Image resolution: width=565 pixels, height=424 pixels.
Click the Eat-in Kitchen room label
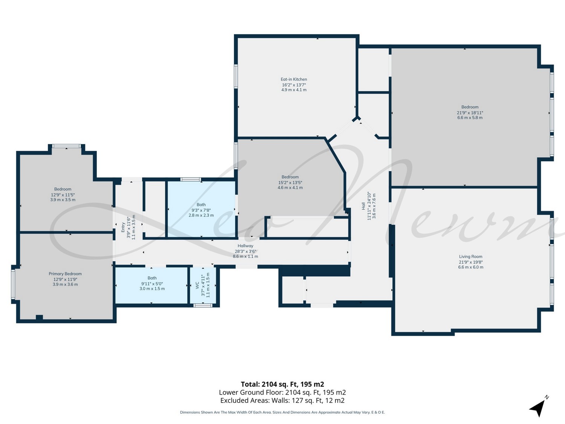pyautogui.click(x=294, y=79)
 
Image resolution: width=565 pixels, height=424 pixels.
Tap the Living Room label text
pyautogui.click(x=470, y=256)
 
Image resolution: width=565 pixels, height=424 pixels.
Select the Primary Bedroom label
pyautogui.click(x=65, y=274)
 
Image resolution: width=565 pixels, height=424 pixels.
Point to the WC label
pyautogui.click(x=197, y=285)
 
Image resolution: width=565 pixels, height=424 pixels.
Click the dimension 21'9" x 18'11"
pyautogui.click(x=470, y=112)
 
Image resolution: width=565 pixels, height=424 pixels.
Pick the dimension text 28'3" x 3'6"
pyautogui.click(x=245, y=251)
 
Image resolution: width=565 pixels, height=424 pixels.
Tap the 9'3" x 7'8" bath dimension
pyautogui.click(x=201, y=210)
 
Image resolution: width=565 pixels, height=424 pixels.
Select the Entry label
pyautogui.click(x=123, y=227)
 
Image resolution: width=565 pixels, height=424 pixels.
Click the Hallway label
pyautogui.click(x=245, y=246)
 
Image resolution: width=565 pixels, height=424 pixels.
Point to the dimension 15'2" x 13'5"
pyautogui.click(x=290, y=182)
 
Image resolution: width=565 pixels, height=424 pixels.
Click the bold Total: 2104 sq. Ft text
pyautogui.click(x=282, y=384)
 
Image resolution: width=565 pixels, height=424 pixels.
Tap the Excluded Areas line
pyautogui.click(x=282, y=400)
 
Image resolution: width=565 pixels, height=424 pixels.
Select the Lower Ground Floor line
pyautogui.click(x=282, y=392)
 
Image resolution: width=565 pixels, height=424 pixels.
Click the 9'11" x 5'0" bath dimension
pyautogui.click(x=152, y=284)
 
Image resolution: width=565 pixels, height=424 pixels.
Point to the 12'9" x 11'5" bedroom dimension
pyautogui.click(x=63, y=195)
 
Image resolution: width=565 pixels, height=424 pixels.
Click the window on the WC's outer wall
pyautogui.click(x=203, y=305)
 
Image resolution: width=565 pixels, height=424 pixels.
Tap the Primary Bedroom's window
pyautogui.click(x=13, y=284)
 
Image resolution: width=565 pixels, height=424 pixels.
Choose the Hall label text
pyautogui.click(x=363, y=206)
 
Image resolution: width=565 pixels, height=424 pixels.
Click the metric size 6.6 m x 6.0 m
pyautogui.click(x=470, y=267)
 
